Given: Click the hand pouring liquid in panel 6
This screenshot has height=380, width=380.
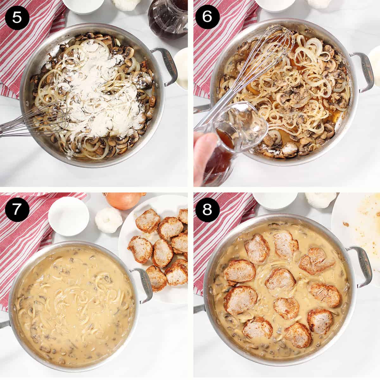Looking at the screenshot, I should click(206, 152).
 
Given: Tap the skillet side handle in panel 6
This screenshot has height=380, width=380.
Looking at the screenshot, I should click(361, 71).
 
